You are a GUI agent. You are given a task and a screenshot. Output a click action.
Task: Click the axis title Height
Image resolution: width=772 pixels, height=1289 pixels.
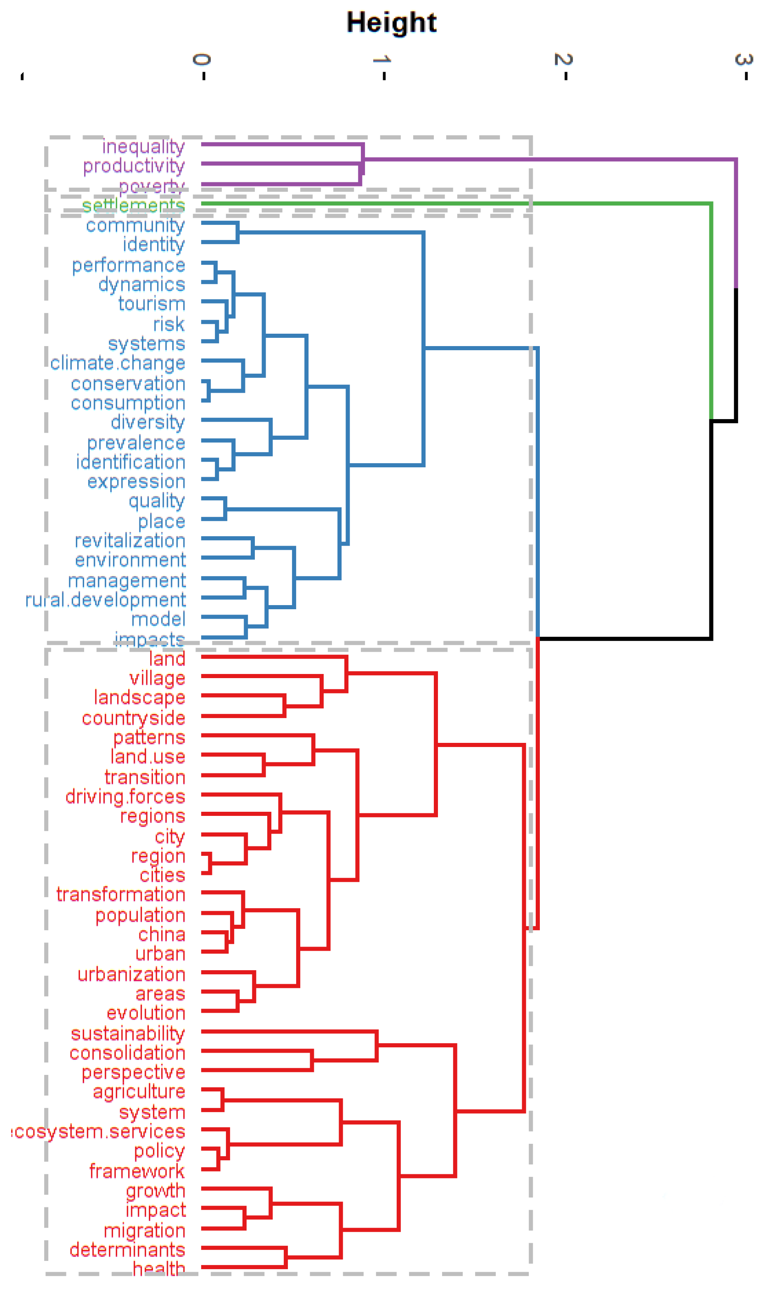(x=391, y=23)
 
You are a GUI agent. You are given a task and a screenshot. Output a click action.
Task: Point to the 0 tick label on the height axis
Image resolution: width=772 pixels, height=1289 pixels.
(x=202, y=59)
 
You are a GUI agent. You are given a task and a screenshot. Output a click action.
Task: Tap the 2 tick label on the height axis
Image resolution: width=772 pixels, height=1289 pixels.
(x=564, y=59)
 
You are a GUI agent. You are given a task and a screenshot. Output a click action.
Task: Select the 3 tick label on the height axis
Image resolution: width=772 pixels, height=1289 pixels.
(x=744, y=59)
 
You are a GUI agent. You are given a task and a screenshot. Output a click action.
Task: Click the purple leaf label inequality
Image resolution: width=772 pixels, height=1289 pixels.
(x=143, y=147)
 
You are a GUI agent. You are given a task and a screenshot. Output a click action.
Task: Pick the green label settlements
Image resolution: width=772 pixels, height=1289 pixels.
(x=133, y=205)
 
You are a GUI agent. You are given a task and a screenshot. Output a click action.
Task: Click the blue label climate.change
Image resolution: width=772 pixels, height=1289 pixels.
(x=118, y=363)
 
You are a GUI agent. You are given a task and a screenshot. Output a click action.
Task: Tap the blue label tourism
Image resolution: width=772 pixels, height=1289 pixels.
(x=151, y=304)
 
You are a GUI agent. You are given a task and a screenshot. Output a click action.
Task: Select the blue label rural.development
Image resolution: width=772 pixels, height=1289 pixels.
(x=105, y=600)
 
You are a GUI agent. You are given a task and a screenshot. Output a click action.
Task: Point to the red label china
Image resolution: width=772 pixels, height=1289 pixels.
(x=162, y=934)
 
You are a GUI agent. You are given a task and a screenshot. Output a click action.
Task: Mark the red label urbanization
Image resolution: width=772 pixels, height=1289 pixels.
(x=131, y=974)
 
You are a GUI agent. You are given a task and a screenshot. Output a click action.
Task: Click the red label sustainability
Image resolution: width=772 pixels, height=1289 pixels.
(x=127, y=1033)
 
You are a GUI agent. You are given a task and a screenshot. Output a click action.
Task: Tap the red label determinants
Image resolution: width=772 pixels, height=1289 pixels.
(x=127, y=1249)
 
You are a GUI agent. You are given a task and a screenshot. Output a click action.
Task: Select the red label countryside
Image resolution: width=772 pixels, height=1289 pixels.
(x=133, y=718)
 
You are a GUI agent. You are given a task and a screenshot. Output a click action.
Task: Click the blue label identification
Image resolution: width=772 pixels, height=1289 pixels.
(x=131, y=462)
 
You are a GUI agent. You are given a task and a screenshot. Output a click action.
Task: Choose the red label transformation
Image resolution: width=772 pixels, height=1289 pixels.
(x=121, y=895)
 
